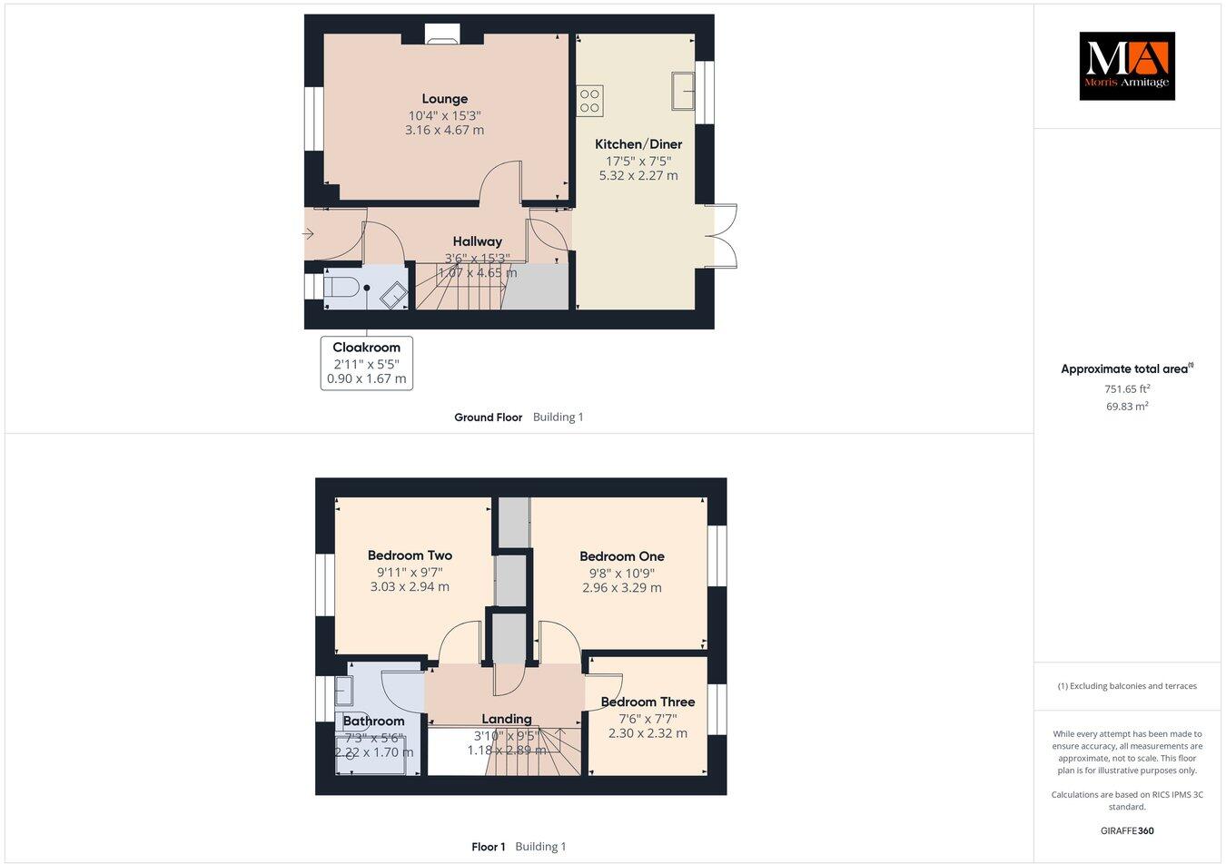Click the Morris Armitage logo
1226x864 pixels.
(x=1126, y=65)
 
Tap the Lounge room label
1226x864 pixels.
(x=444, y=99)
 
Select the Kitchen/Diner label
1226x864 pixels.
(x=638, y=144)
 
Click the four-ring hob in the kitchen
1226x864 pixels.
(x=589, y=100)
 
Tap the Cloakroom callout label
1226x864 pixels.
(x=366, y=348)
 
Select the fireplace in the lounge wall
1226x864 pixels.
(x=443, y=34)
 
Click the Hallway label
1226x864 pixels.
(x=477, y=241)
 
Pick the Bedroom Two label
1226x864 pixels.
(x=410, y=555)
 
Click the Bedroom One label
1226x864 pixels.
(x=621, y=556)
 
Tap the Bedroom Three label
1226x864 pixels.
(x=648, y=702)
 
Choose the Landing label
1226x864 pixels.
(x=506, y=719)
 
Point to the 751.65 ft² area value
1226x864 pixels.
(x=1126, y=388)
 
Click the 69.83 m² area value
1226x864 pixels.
(x=1126, y=406)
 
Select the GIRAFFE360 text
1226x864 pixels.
(x=1126, y=830)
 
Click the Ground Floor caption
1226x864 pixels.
(x=488, y=417)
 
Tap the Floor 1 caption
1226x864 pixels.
(x=488, y=847)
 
